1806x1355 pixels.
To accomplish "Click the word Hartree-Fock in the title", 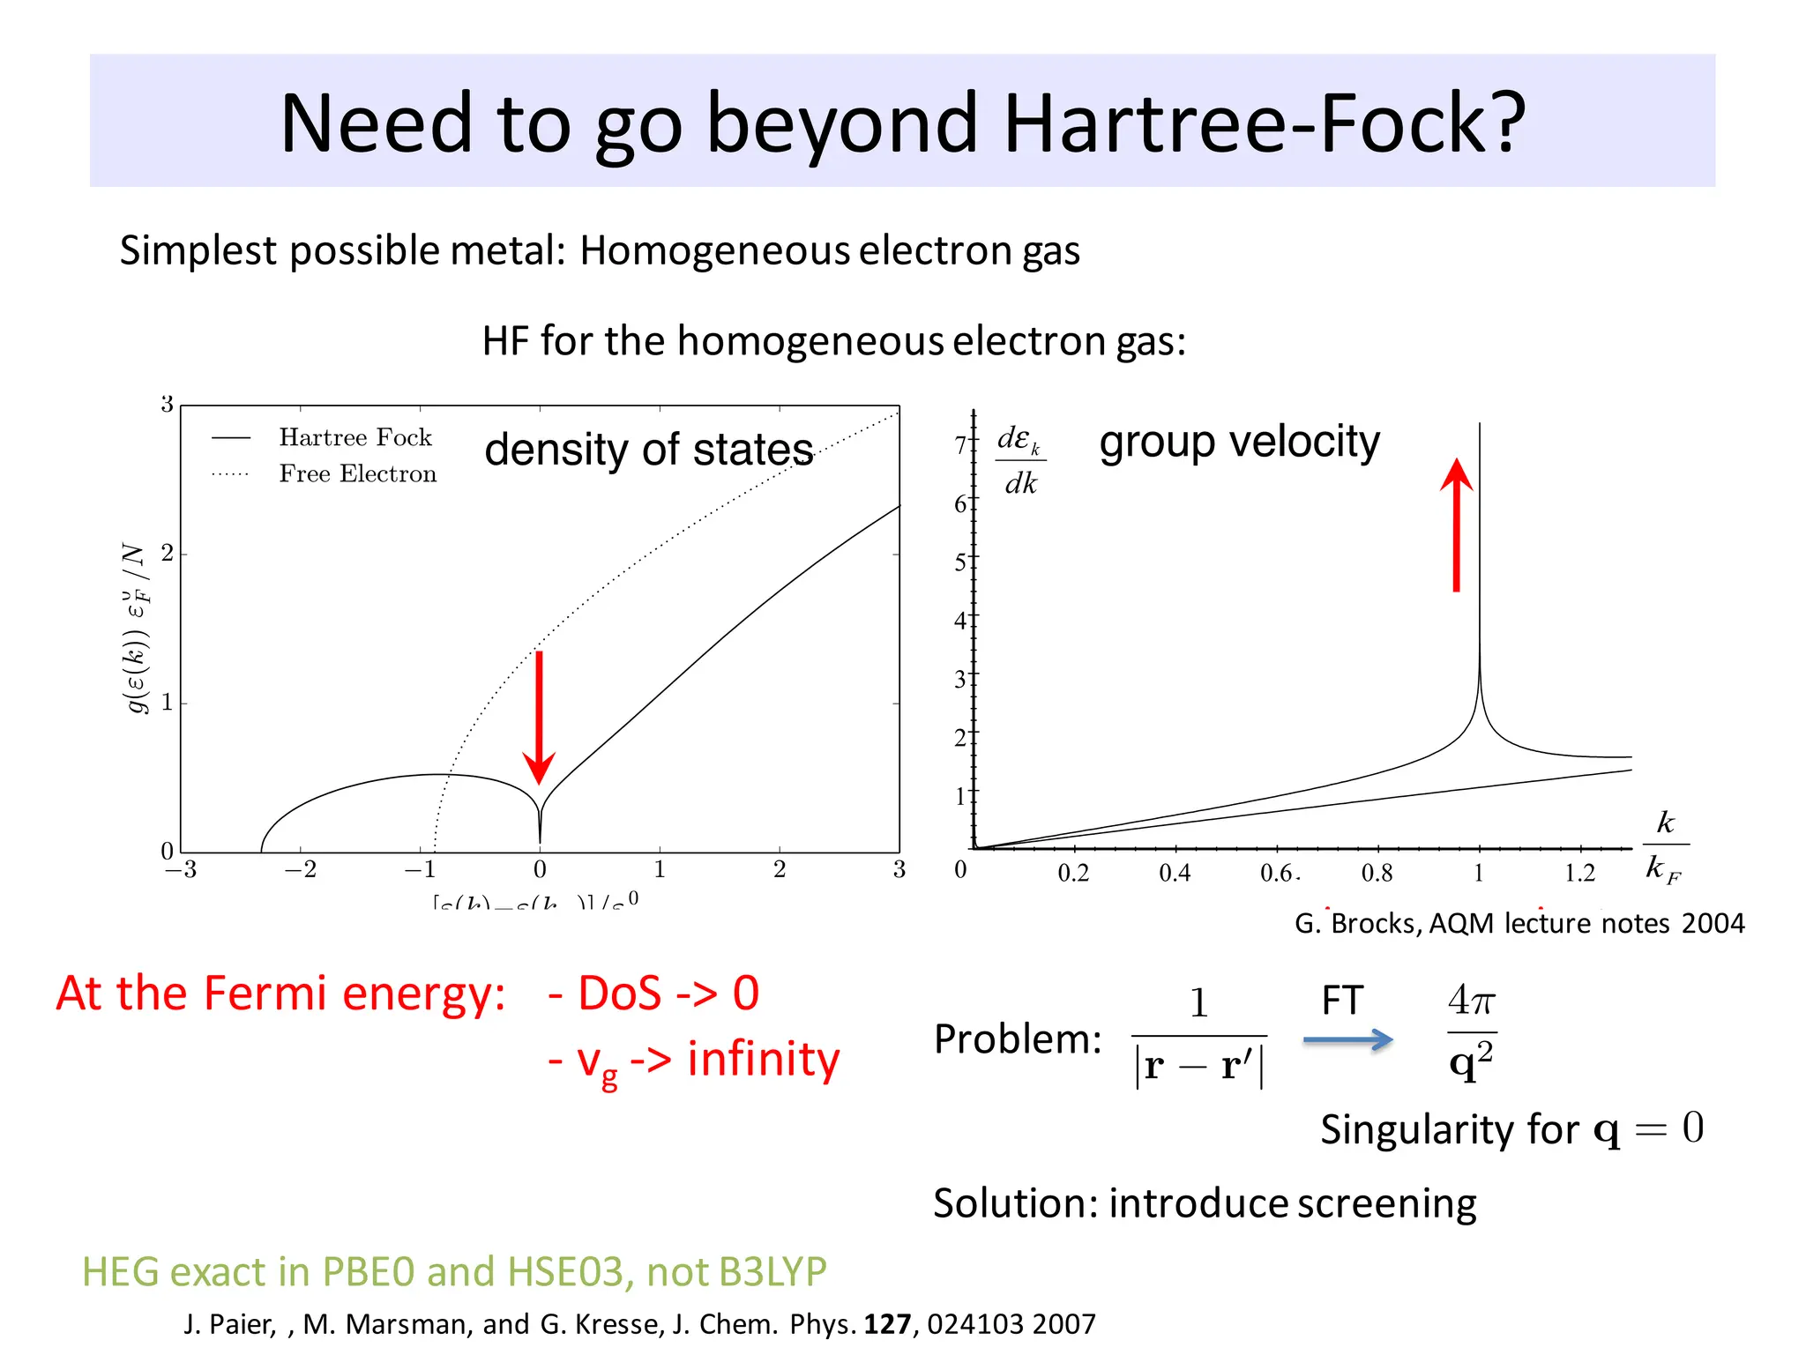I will tap(1264, 123).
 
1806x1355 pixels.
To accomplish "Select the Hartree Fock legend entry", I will tap(354, 437).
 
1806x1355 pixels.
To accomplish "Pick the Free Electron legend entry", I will tap(357, 474).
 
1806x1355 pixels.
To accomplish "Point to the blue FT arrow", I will tap(1347, 1040).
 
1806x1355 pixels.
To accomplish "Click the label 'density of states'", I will tap(648, 450).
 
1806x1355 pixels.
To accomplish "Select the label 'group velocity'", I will tap(1239, 442).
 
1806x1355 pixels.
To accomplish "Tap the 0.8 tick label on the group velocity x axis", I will tap(1377, 874).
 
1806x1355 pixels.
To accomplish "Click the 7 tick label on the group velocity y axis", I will tap(960, 445).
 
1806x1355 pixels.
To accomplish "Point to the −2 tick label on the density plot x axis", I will tap(300, 870).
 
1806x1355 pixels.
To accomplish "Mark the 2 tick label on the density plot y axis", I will tap(167, 554).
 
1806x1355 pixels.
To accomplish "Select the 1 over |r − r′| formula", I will tap(1199, 1038).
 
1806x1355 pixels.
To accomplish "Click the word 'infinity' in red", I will tap(764, 1059).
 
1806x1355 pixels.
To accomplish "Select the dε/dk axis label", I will tap(1020, 461).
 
